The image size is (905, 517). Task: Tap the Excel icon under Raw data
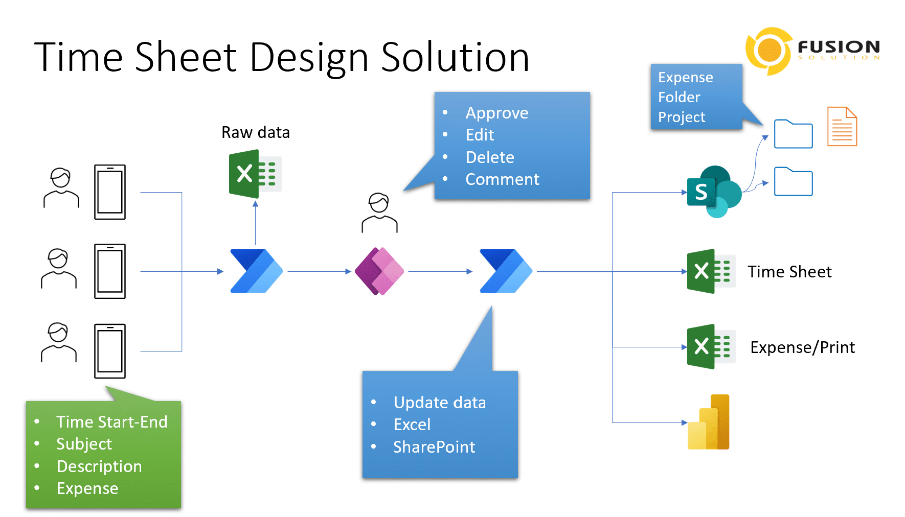(x=255, y=174)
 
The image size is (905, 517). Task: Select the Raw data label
(x=255, y=132)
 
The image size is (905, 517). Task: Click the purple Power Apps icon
(x=379, y=271)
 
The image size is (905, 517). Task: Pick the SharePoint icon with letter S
(x=714, y=192)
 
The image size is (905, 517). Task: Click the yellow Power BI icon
(x=709, y=422)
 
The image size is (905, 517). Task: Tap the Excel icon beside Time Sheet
(x=711, y=271)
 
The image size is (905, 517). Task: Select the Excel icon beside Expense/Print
(x=711, y=346)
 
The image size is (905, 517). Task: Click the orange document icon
(x=842, y=127)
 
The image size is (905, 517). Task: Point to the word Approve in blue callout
(x=496, y=113)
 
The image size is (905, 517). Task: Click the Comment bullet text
(x=502, y=179)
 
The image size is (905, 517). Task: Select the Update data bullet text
(x=439, y=403)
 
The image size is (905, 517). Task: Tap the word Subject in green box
(x=84, y=444)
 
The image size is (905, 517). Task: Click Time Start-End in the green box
(x=111, y=422)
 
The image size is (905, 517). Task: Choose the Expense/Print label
(x=802, y=347)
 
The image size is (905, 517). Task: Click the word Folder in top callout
(x=678, y=97)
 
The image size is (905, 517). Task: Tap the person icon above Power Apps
(x=379, y=213)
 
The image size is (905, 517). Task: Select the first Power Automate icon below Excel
(x=256, y=271)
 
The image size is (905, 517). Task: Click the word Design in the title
(x=309, y=57)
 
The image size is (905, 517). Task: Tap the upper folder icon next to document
(x=793, y=134)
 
